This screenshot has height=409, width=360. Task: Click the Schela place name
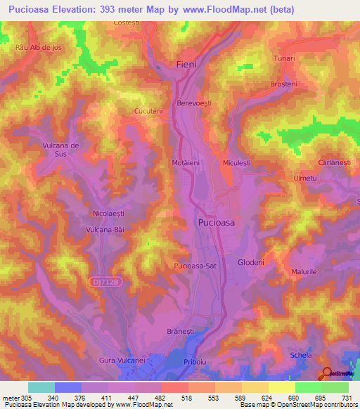pos(300,356)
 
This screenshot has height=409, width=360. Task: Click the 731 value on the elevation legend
pos(347,397)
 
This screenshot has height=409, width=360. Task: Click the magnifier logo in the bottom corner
pos(327,373)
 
